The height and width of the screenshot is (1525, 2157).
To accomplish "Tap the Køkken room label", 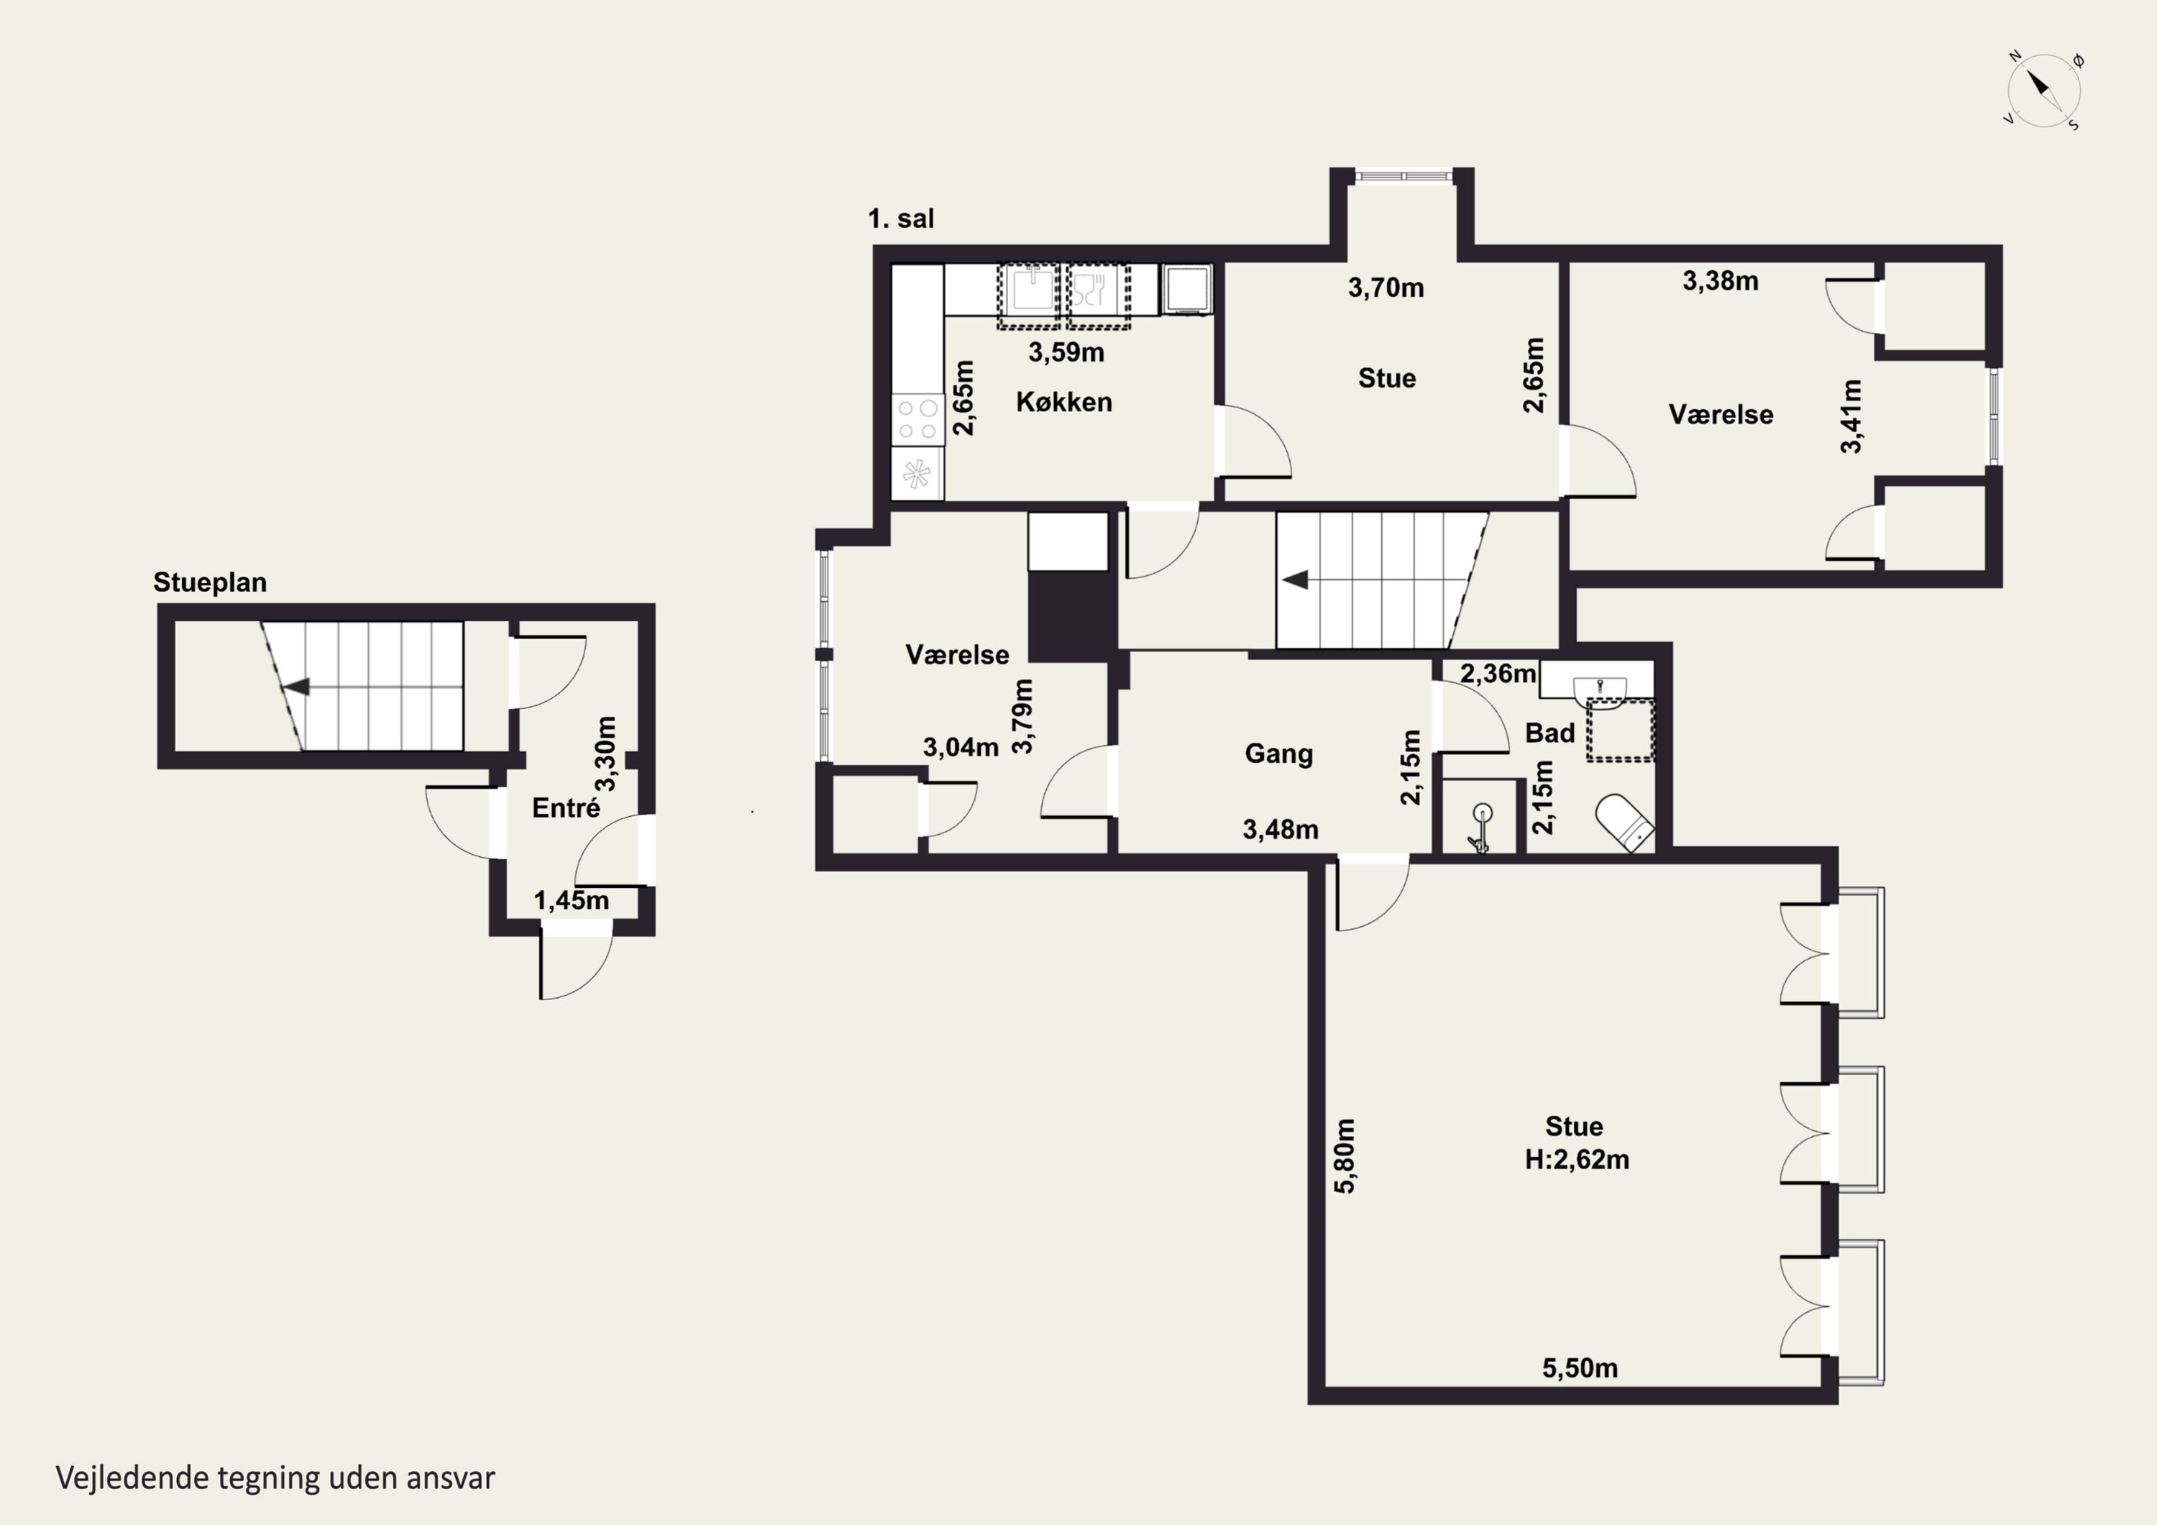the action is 1063,402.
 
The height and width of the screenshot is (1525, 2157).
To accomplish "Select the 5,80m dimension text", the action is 1345,1155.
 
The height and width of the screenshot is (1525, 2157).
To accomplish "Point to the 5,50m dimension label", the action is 1580,1368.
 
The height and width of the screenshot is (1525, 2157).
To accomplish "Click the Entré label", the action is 566,808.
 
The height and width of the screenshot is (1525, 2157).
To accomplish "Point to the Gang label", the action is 1278,754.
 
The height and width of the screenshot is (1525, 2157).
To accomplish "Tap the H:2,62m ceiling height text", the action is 1577,1160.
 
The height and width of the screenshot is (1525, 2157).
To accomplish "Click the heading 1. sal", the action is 901,219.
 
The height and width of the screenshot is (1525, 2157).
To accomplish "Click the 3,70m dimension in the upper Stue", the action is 1386,288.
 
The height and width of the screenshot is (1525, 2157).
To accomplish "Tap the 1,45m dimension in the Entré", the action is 571,900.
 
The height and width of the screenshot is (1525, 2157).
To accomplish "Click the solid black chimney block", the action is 1072,616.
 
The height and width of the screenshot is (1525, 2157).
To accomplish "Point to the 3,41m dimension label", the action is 1851,416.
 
